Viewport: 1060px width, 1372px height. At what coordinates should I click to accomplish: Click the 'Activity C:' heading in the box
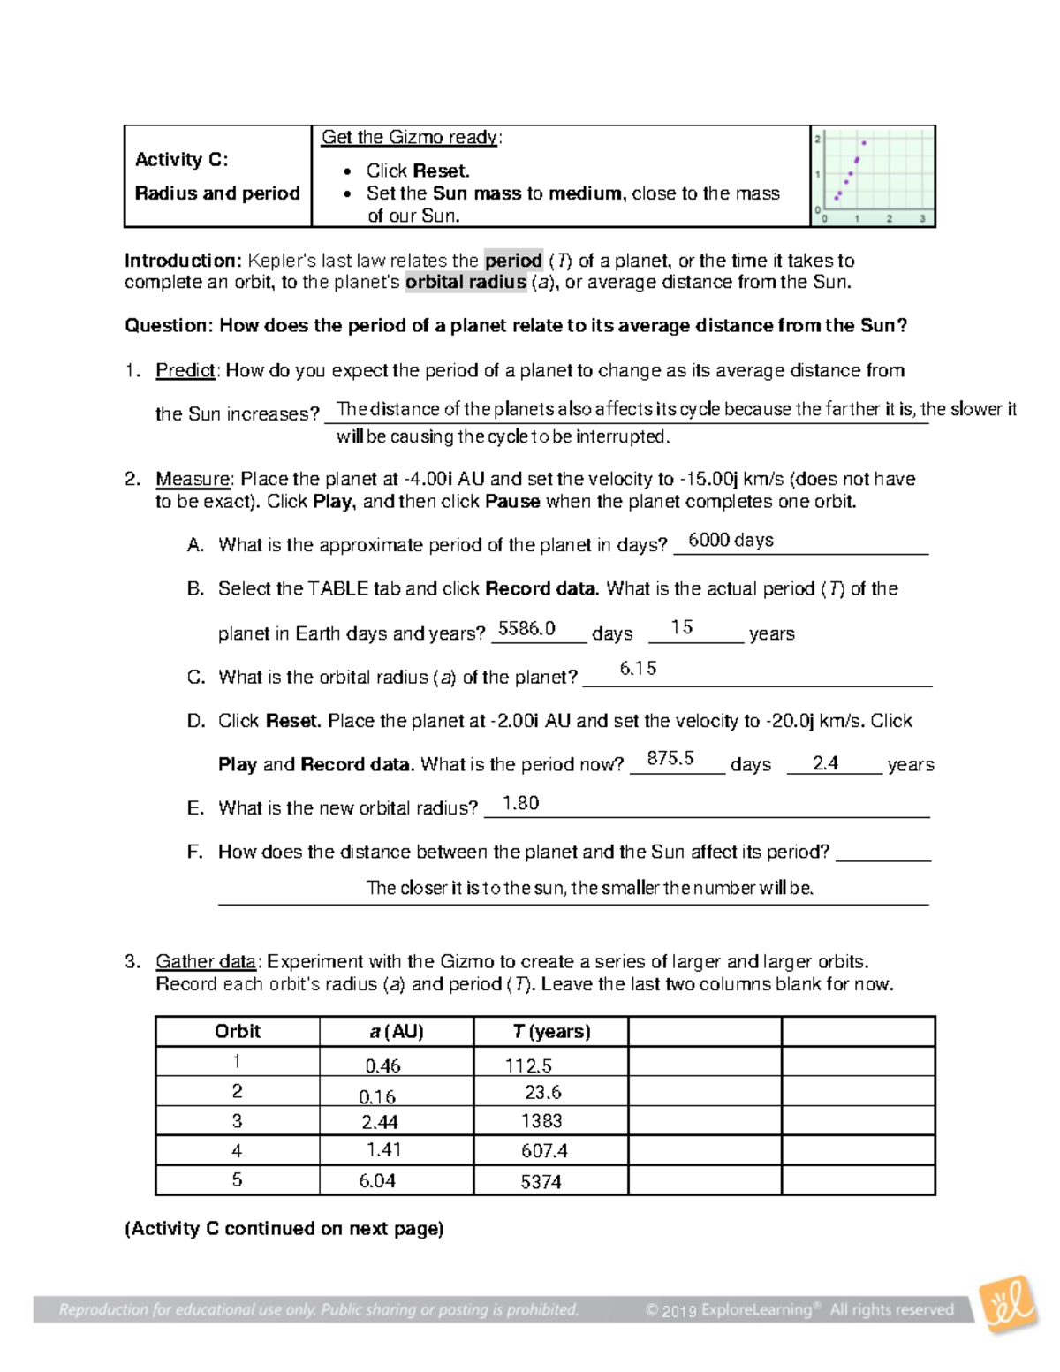point(181,160)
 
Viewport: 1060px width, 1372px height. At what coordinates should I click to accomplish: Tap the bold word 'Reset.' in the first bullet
point(442,171)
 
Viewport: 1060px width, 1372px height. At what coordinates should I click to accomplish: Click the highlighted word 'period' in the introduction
point(513,261)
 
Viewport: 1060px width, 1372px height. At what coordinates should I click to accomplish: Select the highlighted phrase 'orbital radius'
point(466,283)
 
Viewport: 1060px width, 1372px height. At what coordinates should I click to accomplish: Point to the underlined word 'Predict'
point(185,370)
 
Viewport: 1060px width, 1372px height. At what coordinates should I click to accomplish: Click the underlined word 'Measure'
point(193,479)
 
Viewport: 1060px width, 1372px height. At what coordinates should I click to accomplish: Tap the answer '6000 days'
point(731,540)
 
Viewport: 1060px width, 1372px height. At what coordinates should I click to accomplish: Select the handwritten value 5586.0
point(526,628)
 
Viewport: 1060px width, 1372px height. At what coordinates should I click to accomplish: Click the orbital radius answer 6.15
point(638,668)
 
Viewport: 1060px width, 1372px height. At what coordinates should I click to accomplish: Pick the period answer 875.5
point(670,758)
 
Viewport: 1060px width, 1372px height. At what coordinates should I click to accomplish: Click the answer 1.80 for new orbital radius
point(520,802)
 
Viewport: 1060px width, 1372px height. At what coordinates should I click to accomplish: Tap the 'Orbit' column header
point(238,1031)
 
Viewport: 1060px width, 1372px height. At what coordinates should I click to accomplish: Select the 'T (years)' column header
point(551,1031)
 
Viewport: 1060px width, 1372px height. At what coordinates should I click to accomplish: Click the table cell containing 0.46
point(382,1065)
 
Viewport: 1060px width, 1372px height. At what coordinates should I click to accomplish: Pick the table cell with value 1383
point(541,1120)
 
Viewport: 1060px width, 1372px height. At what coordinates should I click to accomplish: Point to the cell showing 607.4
point(544,1151)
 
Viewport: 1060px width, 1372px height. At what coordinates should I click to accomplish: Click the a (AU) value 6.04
point(377,1180)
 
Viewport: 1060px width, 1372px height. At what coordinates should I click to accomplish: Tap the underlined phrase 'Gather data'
point(206,961)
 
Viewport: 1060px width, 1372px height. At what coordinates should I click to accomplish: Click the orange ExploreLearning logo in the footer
point(1009,1305)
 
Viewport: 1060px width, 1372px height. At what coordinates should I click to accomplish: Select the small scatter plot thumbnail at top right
point(873,177)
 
